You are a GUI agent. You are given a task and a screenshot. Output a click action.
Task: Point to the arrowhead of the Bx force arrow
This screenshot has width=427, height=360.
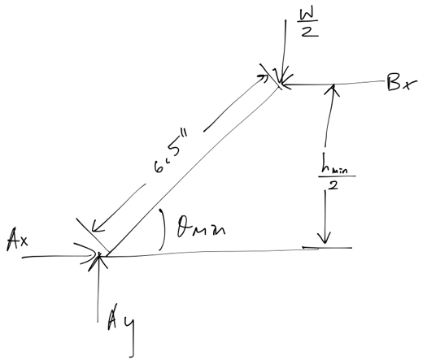(287, 83)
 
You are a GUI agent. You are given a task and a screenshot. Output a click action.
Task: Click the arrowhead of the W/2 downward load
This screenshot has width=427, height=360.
(280, 77)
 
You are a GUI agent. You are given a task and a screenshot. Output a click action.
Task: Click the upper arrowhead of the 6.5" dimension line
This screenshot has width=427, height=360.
(265, 76)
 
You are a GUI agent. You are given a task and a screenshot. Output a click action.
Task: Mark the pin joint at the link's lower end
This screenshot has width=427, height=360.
(100, 256)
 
